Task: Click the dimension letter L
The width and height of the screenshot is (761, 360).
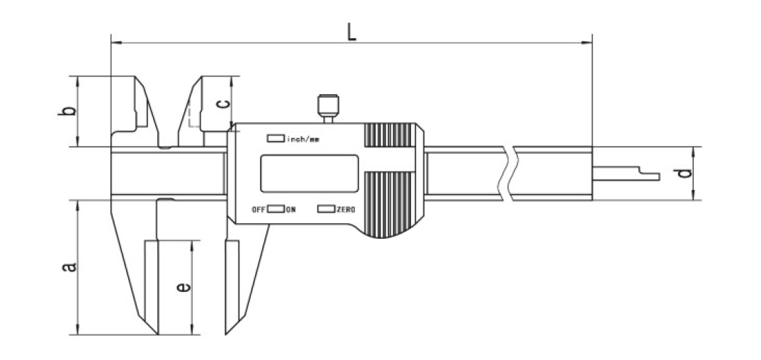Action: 352,32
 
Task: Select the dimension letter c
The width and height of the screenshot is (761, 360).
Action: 222,104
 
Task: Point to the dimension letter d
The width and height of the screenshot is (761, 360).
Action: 684,173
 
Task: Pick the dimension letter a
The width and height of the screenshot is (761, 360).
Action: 69,267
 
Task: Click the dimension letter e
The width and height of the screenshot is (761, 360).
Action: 183,288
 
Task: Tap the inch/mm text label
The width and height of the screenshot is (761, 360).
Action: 303,139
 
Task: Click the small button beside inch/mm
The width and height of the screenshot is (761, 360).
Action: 276,138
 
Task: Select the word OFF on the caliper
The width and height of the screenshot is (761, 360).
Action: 259,210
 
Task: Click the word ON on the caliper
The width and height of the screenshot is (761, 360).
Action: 291,210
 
